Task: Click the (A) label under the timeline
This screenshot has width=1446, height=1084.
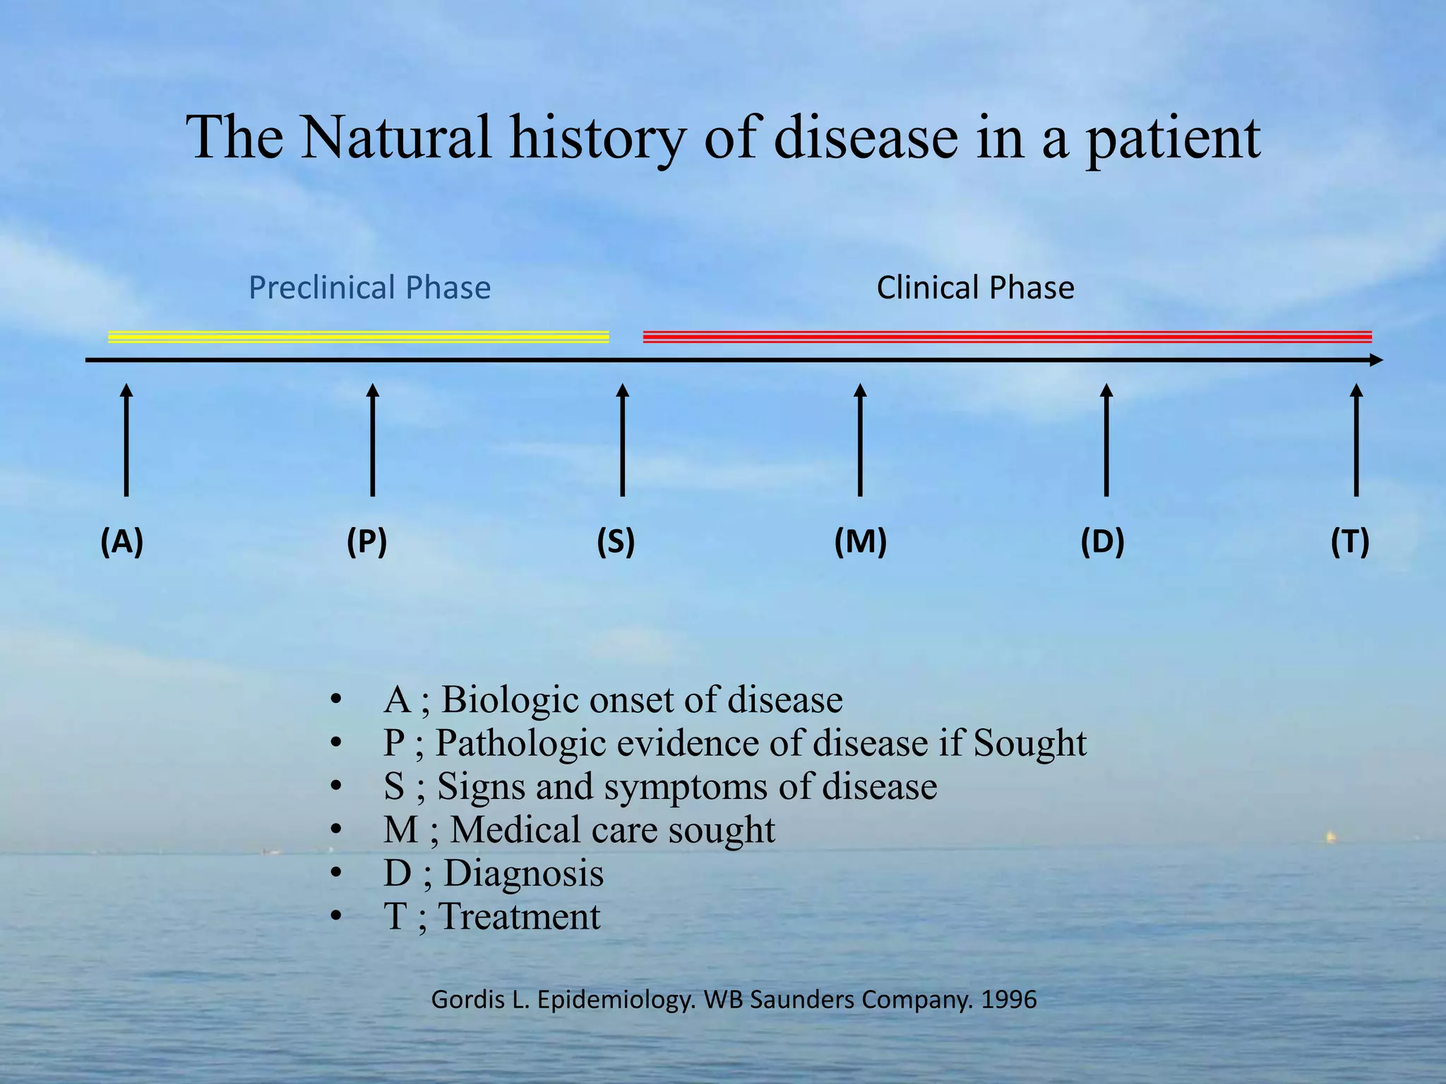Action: tap(122, 542)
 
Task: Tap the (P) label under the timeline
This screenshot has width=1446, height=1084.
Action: tap(367, 542)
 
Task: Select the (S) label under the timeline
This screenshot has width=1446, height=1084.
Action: tap(616, 542)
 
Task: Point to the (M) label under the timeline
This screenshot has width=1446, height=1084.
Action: tap(860, 542)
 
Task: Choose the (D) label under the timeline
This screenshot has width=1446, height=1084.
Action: tap(1102, 542)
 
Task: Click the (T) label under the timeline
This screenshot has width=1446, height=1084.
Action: tap(1350, 542)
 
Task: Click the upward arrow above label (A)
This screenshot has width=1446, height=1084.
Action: tap(126, 440)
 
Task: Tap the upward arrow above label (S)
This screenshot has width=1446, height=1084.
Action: tap(622, 440)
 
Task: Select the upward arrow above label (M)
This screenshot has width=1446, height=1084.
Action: tap(860, 440)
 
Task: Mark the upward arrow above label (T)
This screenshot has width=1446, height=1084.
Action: tap(1356, 440)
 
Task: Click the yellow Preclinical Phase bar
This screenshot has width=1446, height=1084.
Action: tap(358, 337)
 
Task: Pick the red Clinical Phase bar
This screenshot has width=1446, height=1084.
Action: tap(1007, 337)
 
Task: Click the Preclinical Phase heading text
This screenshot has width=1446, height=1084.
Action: tap(369, 288)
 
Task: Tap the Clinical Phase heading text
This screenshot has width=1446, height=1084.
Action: tap(975, 288)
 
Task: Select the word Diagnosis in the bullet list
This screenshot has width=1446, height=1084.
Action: tap(523, 873)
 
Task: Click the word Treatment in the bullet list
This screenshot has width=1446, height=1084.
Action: tap(519, 917)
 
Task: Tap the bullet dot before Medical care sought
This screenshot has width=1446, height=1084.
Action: tap(336, 831)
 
